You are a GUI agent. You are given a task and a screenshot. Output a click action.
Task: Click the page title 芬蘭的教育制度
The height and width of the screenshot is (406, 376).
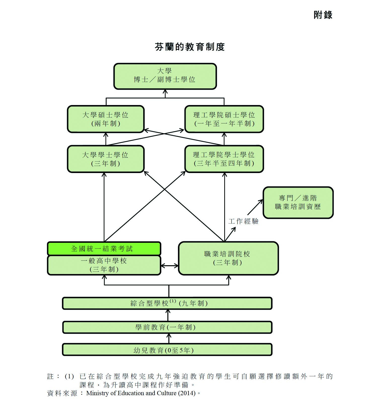(190, 47)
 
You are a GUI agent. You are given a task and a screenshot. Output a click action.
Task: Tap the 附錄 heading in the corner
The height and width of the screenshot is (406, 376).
(323, 15)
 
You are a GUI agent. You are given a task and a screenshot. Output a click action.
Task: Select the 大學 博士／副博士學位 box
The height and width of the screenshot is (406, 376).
(165, 76)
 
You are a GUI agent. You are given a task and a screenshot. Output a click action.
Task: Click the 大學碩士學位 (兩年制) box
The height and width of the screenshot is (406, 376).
(106, 119)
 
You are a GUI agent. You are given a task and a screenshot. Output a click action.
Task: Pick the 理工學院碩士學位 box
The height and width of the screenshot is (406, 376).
(224, 119)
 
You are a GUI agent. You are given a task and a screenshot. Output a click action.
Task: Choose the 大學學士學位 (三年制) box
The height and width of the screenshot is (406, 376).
(106, 159)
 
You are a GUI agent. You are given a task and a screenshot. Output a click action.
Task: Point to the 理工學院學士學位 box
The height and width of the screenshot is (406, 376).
(224, 159)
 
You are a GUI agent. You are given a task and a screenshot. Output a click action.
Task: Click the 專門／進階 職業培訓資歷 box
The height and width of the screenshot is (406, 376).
(298, 202)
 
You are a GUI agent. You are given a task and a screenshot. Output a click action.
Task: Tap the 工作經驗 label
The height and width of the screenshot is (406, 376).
(243, 221)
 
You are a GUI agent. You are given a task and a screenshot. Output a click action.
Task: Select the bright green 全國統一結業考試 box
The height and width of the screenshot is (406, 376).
(104, 249)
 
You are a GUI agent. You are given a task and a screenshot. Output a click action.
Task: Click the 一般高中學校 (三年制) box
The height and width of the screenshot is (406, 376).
(104, 265)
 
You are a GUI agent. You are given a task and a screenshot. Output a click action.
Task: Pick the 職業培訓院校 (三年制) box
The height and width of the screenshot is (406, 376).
(228, 258)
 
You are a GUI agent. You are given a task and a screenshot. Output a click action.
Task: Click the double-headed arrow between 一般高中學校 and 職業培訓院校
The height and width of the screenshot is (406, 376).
(169, 266)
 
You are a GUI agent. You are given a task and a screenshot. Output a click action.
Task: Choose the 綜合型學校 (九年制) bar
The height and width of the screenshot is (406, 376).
(167, 303)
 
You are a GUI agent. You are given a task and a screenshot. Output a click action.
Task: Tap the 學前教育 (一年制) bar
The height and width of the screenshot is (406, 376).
(167, 327)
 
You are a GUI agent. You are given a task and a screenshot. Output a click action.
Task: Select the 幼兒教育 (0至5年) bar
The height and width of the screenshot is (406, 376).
(167, 350)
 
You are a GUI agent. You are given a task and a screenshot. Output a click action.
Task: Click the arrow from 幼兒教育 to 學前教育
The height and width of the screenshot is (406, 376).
(169, 339)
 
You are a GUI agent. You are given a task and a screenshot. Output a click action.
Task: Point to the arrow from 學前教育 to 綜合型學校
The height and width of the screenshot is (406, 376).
(168, 315)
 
